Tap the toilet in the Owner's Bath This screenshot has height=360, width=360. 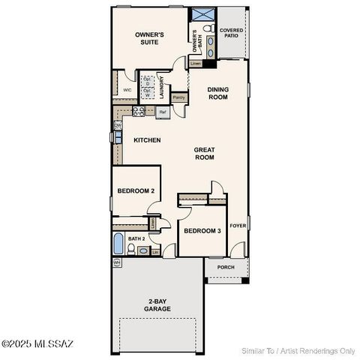(x=211, y=29)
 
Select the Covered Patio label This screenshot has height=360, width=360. (x=231, y=34)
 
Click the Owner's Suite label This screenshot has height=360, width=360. (x=149, y=38)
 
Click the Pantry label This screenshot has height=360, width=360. (x=178, y=97)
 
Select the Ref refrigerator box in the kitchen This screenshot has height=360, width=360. (x=163, y=112)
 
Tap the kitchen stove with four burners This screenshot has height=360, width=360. (x=139, y=111)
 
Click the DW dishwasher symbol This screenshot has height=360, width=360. (x=117, y=126)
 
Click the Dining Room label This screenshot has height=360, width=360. (x=218, y=93)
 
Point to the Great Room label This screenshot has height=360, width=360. (x=204, y=153)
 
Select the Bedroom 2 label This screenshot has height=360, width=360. (x=136, y=190)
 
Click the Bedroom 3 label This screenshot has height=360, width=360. (x=202, y=231)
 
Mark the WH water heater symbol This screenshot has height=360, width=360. (x=116, y=263)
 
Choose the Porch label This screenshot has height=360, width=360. (x=225, y=267)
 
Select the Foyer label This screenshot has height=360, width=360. (x=238, y=225)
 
